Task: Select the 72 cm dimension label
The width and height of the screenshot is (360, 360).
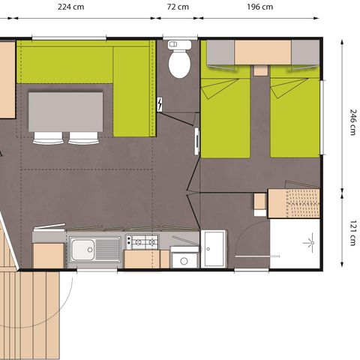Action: (178, 8)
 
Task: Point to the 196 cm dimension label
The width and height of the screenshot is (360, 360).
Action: (259, 8)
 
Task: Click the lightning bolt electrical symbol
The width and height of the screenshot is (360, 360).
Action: (161, 103)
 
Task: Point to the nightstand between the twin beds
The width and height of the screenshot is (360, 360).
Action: (259, 70)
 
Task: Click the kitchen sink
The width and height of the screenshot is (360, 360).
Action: (94, 249)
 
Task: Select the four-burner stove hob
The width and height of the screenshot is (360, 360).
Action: (142, 241)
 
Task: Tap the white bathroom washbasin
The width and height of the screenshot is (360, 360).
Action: (214, 247)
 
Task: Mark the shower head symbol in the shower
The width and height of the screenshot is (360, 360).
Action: (307, 241)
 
